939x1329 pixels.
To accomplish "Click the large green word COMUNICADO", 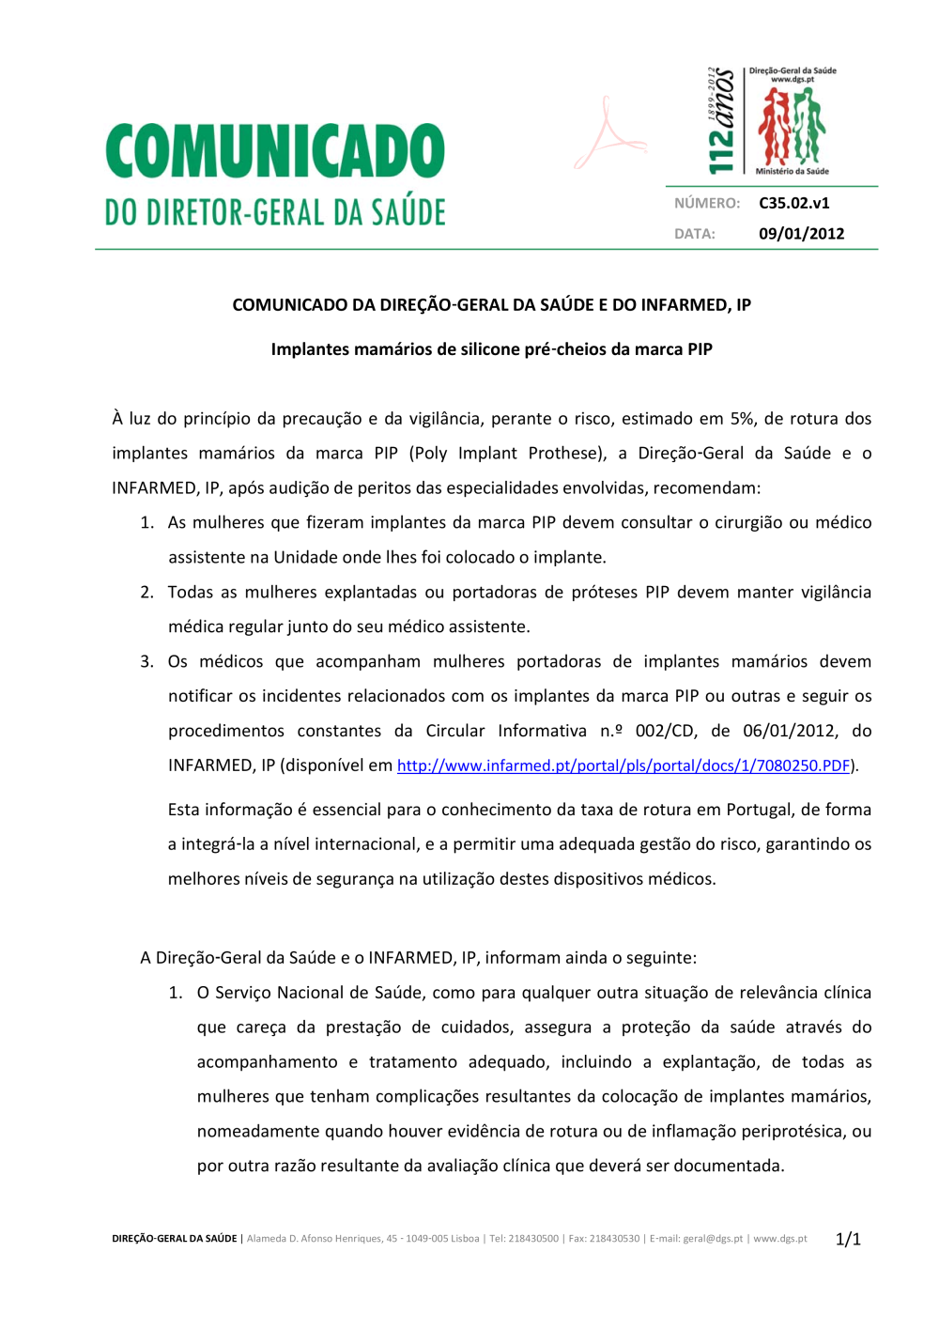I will (x=275, y=151).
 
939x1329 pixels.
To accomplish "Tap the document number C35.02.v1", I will (x=793, y=203).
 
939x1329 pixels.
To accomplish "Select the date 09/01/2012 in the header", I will (x=801, y=234).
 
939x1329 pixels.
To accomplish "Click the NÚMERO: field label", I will (x=706, y=203).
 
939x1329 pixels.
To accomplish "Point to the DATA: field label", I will (x=694, y=234).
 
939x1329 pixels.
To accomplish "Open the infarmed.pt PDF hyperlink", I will (x=623, y=765).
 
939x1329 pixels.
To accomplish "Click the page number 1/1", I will (x=848, y=1239).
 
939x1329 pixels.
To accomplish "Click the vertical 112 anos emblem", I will (x=720, y=121).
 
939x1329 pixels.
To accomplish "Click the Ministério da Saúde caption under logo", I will (x=792, y=171).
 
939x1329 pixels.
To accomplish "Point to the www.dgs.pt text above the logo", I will (x=792, y=80).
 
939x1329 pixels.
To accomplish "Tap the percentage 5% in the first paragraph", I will (x=742, y=419).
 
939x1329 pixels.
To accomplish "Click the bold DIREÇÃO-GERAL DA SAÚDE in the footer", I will (x=175, y=1239).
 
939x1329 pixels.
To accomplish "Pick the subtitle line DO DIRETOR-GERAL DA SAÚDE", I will (x=275, y=212).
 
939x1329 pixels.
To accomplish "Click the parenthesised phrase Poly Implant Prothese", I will (x=508, y=454).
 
